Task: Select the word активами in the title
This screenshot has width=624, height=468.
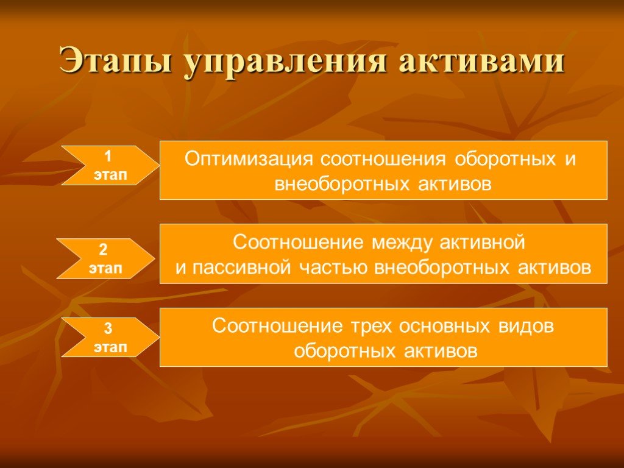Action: pyautogui.click(x=481, y=60)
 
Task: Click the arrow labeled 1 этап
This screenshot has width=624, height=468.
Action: pyautogui.click(x=110, y=166)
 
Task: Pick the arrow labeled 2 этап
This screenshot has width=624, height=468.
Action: pyautogui.click(x=105, y=258)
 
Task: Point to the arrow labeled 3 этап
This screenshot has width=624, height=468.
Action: pyautogui.click(x=110, y=338)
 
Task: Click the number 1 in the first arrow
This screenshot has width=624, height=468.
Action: pyautogui.click(x=107, y=157)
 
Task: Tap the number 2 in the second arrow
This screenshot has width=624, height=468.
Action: pyautogui.click(x=103, y=249)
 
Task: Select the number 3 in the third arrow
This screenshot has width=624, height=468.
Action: pyautogui.click(x=108, y=328)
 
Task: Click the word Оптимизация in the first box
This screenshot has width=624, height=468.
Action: pyautogui.click(x=249, y=159)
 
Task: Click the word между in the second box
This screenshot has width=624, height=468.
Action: pyautogui.click(x=402, y=243)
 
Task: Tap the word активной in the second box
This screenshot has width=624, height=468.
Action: pyautogui.click(x=483, y=243)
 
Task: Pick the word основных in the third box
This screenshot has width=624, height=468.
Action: pyautogui.click(x=444, y=327)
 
